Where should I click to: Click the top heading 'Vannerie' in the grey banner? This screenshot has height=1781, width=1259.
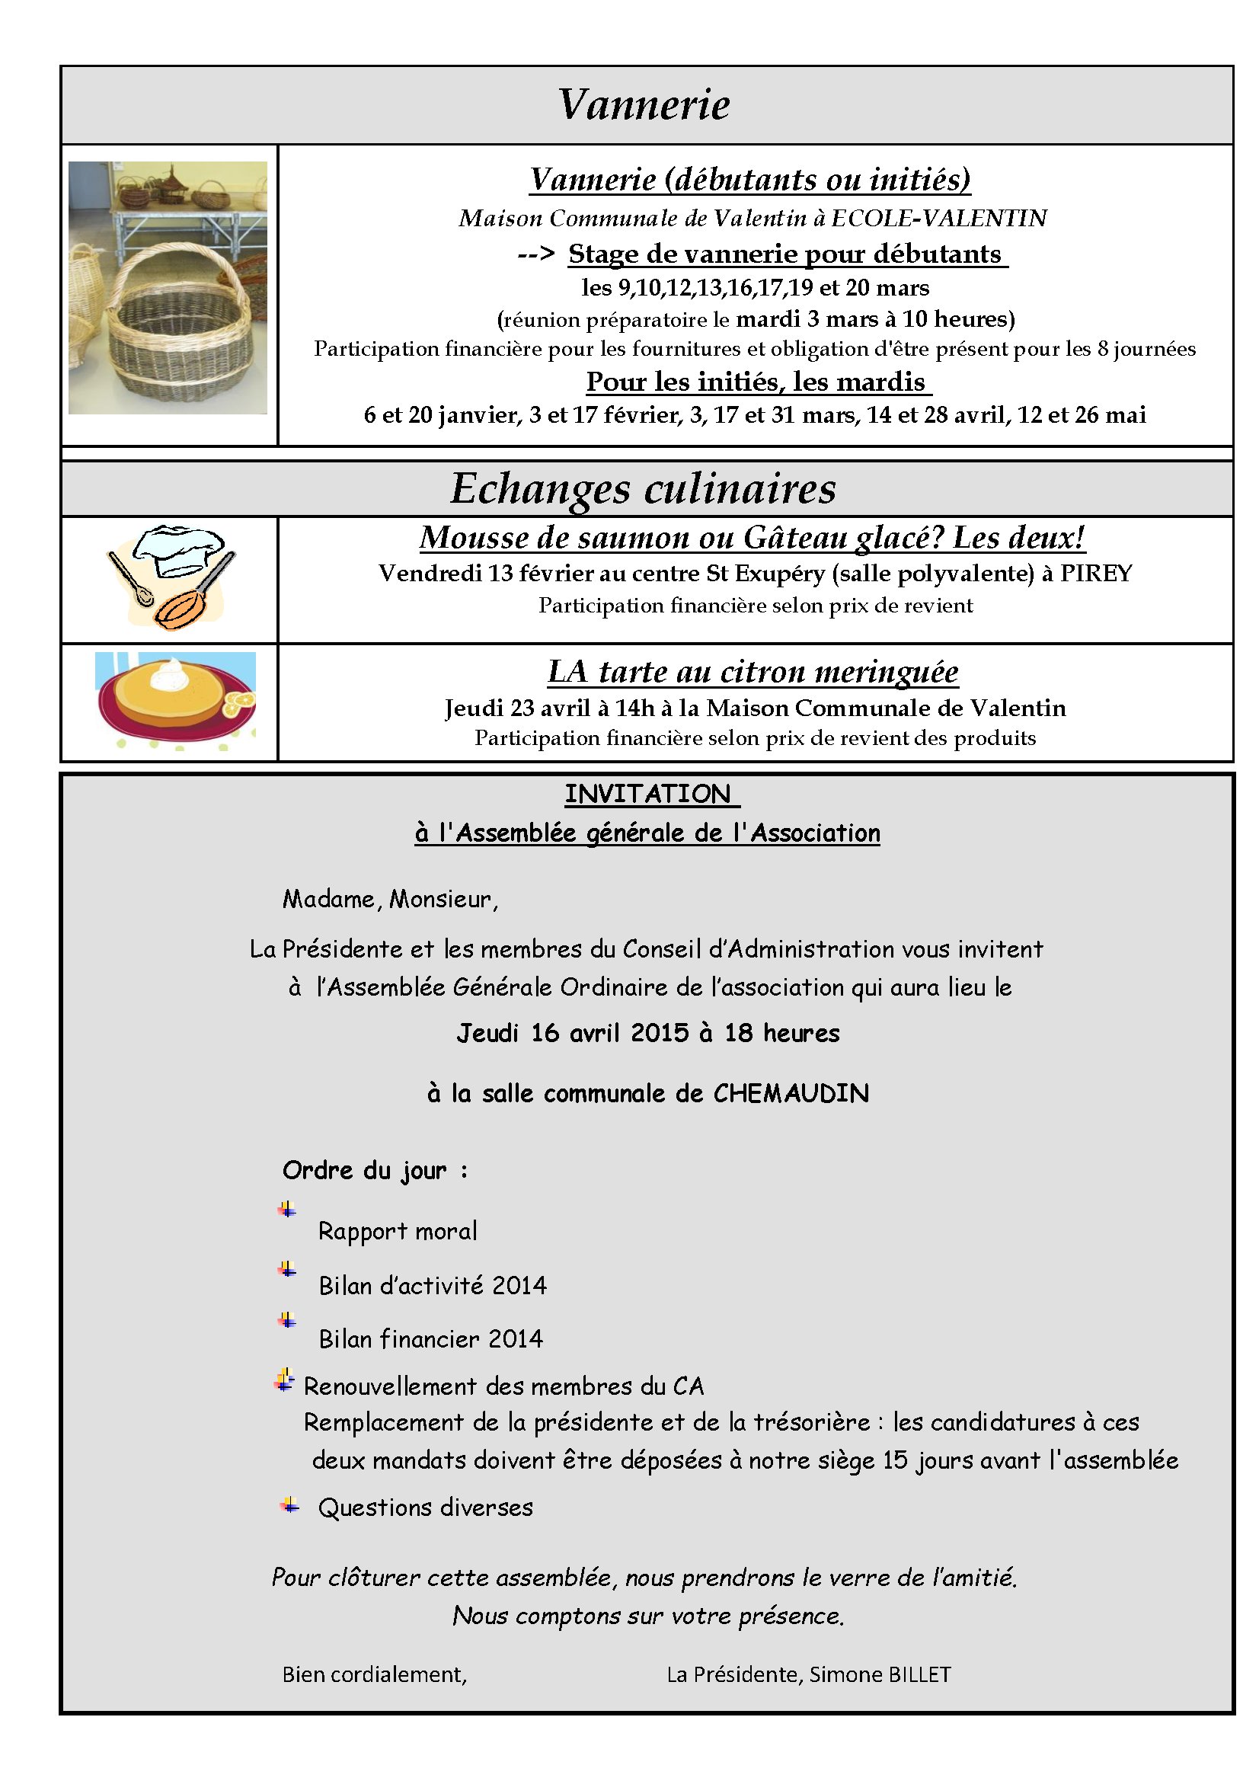click(x=643, y=104)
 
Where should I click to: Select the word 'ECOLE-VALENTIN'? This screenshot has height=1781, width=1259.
click(x=938, y=219)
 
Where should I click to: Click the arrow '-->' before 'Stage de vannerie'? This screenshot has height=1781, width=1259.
click(x=535, y=254)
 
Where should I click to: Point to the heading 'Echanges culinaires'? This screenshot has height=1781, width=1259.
click(x=643, y=489)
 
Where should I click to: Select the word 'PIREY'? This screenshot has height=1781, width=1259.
click(x=1095, y=574)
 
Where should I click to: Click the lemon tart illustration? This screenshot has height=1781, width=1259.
click(x=175, y=699)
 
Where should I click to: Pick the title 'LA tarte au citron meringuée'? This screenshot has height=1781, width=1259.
click(x=753, y=672)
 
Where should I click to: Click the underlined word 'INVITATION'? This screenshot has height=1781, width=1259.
click(x=647, y=795)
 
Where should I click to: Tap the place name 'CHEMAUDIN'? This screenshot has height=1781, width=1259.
click(x=791, y=1094)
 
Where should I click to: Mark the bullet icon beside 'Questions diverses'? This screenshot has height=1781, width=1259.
click(x=289, y=1506)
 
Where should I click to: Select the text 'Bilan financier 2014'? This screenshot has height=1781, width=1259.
click(x=430, y=1339)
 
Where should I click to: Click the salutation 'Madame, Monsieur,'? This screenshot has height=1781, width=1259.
click(x=390, y=899)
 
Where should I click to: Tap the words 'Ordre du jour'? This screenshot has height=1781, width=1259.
click(x=365, y=1171)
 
